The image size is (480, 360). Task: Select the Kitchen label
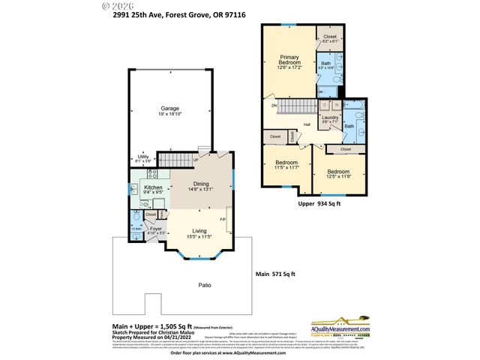(x=154, y=188)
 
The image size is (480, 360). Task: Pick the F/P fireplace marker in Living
(x=223, y=220)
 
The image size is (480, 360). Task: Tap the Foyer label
(x=155, y=229)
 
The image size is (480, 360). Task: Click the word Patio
(x=184, y=285)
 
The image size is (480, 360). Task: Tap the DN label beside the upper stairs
(x=274, y=106)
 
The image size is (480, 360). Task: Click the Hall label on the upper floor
(x=307, y=125)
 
